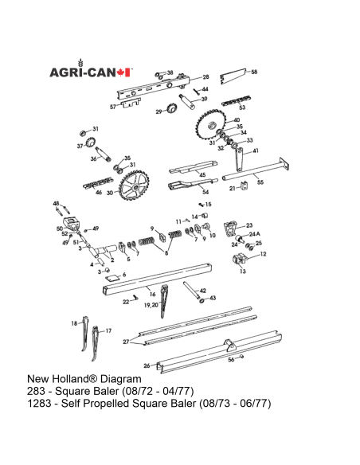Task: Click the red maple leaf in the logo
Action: pos(123,72)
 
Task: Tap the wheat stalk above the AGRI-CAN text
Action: pos(80,62)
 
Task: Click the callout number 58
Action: pos(254,72)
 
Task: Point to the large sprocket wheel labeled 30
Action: pos(132,190)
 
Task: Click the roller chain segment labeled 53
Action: pos(235,101)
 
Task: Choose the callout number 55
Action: pos(260,182)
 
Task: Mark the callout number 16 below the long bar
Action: pos(152,295)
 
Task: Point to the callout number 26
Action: pos(147,366)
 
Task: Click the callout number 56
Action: pos(231,359)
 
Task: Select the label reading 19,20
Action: pos(149,305)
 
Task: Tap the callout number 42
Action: pos(203,291)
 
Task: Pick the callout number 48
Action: pos(56,205)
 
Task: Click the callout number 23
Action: pos(248,225)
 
